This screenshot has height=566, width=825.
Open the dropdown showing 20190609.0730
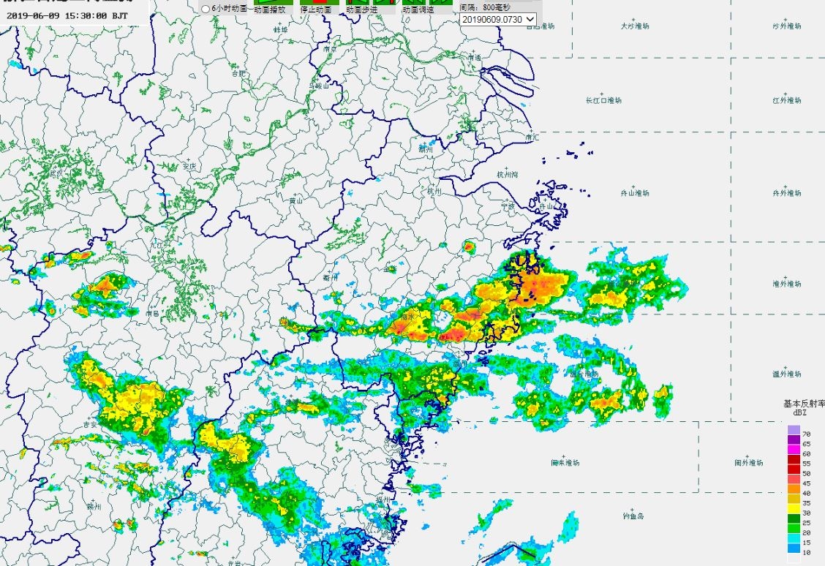498,19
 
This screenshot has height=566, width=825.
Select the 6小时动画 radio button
206,10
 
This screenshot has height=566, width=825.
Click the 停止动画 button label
315,10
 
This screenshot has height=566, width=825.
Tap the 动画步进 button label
361,10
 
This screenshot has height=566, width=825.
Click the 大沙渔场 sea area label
634,26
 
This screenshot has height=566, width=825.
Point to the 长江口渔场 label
603,100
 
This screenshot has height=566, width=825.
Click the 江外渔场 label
787,100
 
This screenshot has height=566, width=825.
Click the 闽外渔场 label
749,463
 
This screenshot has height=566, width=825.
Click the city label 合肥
238,73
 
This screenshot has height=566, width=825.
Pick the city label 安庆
190,166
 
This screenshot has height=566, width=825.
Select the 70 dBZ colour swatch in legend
794,430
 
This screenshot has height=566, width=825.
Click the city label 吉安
90,424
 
